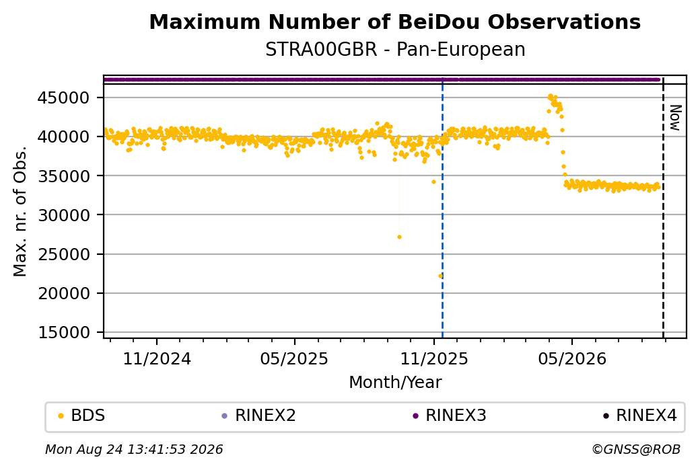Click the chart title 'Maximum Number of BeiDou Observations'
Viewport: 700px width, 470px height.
click(x=394, y=22)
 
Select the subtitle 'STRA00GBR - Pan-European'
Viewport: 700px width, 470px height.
click(x=395, y=50)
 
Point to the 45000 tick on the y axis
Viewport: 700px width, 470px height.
click(x=63, y=97)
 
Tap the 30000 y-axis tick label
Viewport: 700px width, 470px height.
click(x=63, y=215)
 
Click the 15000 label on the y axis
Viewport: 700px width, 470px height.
click(x=63, y=333)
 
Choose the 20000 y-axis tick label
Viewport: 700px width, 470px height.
click(x=63, y=293)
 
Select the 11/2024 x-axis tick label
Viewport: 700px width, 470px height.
click(x=157, y=359)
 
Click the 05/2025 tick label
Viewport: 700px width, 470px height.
click(x=294, y=359)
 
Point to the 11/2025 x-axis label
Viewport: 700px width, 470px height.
click(x=434, y=359)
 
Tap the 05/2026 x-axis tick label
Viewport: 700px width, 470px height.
click(x=572, y=359)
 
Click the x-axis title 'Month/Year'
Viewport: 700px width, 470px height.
click(x=395, y=383)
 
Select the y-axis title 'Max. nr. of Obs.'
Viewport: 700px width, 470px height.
click(x=20, y=211)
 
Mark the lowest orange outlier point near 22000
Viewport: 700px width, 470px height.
click(x=440, y=276)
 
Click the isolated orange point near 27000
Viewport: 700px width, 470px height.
click(x=399, y=237)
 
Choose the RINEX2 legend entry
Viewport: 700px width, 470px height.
click(x=259, y=416)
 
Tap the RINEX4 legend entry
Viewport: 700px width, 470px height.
click(x=639, y=416)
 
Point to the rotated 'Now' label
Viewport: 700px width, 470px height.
click(x=676, y=118)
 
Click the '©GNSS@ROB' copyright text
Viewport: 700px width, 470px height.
click(x=636, y=449)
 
